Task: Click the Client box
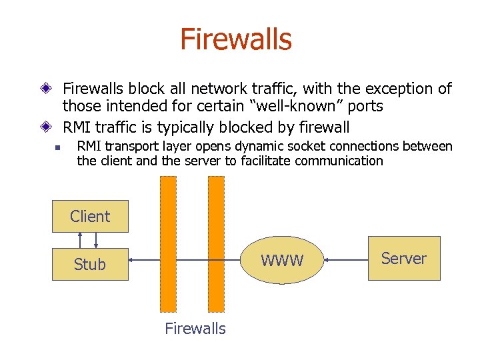[90, 216]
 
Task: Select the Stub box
[90, 264]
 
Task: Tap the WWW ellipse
[281, 260]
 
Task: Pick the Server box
[404, 258]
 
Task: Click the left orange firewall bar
[169, 243]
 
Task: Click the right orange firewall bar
[216, 243]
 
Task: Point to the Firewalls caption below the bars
[195, 329]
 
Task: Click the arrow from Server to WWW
[347, 259]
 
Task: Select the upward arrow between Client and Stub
[81, 240]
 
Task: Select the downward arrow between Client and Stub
[97, 240]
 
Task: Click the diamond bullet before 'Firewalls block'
[45, 89]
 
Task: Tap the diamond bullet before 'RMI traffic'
[45, 127]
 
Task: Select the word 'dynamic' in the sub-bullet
[263, 147]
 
